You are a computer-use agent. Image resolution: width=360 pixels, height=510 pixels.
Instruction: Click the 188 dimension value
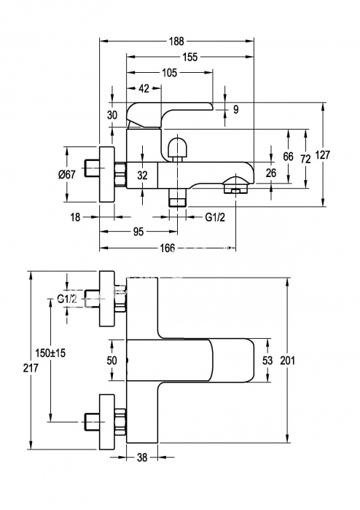(176, 42)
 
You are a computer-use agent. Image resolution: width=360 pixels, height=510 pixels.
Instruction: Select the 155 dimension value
(190, 58)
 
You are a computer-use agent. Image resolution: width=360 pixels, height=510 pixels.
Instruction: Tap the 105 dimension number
(169, 73)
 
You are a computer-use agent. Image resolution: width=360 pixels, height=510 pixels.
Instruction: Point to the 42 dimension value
(144, 88)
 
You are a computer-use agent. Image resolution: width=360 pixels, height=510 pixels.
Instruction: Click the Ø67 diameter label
(67, 175)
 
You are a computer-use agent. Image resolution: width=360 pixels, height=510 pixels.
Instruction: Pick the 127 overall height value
(322, 154)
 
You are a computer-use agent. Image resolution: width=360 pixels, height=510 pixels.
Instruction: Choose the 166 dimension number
(168, 248)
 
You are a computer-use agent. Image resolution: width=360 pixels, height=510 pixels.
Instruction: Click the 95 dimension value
(138, 232)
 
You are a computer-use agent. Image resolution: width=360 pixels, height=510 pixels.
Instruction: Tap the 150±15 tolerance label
(50, 353)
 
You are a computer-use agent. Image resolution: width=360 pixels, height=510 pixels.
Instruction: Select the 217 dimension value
(31, 368)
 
